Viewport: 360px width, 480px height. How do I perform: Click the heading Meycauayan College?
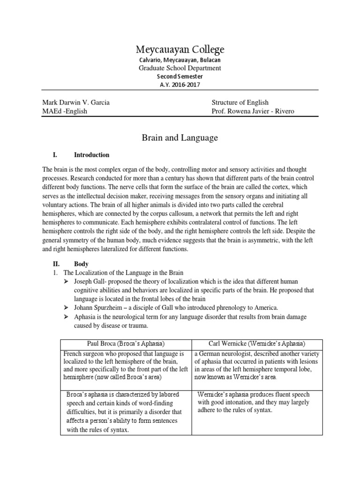pos(180,49)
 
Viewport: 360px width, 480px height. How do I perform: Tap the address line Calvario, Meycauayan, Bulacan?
pos(180,60)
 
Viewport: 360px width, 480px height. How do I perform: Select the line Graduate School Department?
pos(180,68)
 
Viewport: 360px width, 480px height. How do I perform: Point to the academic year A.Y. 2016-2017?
pos(180,84)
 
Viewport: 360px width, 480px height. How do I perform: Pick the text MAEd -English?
pos(65,111)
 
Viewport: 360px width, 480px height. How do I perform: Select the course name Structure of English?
pos(240,102)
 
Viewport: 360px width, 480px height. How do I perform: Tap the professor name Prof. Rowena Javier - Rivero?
pos(253,111)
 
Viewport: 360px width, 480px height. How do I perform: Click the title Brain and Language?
pos(180,138)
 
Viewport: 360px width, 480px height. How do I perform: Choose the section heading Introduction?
pos(91,155)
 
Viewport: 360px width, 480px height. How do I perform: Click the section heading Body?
pos(81,264)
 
